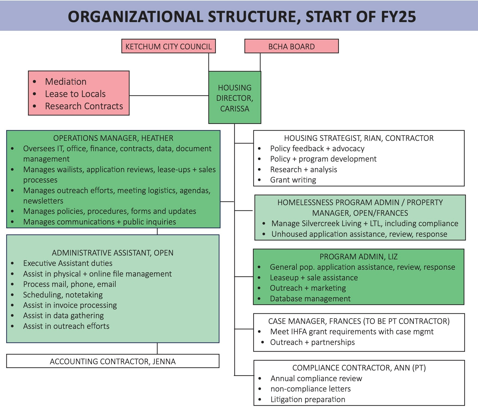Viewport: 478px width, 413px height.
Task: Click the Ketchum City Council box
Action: click(168, 46)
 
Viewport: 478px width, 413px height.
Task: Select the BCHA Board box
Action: click(291, 46)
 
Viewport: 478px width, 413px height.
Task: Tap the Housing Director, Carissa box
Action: click(235, 98)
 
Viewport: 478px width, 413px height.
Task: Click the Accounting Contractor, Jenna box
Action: click(113, 361)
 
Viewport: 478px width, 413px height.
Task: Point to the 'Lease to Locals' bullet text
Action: click(75, 94)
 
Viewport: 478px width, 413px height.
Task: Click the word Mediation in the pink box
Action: click(66, 81)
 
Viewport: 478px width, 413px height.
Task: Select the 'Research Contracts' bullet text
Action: click(84, 106)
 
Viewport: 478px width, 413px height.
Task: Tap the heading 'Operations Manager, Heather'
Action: click(113, 138)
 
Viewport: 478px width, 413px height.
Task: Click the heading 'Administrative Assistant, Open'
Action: click(112, 253)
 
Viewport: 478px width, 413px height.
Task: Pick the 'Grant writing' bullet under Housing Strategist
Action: click(293, 180)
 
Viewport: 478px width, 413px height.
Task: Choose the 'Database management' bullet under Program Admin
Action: click(310, 299)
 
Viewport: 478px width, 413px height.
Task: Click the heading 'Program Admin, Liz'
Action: click(358, 257)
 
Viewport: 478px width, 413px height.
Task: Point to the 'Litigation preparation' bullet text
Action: click(308, 399)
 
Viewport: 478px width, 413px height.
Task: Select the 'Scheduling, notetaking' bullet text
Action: click(63, 295)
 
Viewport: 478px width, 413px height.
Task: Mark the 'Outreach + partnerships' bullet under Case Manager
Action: click(312, 342)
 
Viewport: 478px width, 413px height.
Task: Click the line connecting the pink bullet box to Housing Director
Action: click(169, 95)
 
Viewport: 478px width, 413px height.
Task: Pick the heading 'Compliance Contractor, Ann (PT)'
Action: click(359, 368)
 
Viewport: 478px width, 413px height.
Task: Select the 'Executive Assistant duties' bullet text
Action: click(68, 263)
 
